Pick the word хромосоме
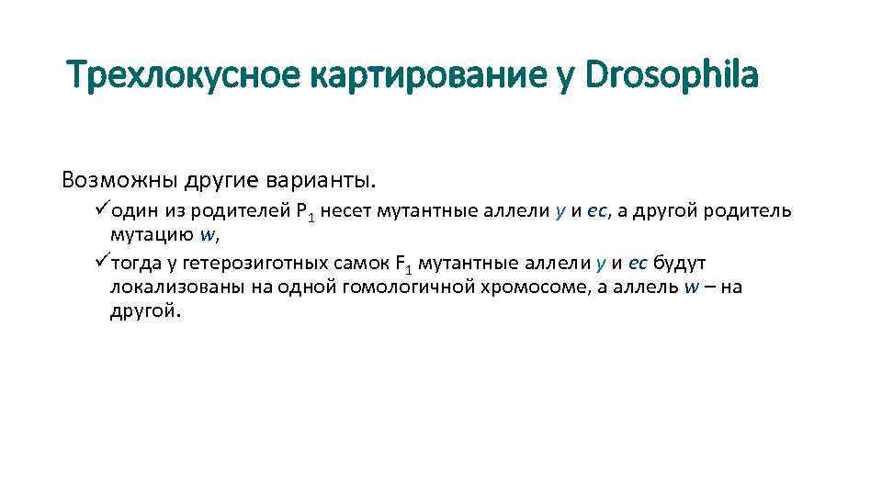pyautogui.click(x=501, y=287)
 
